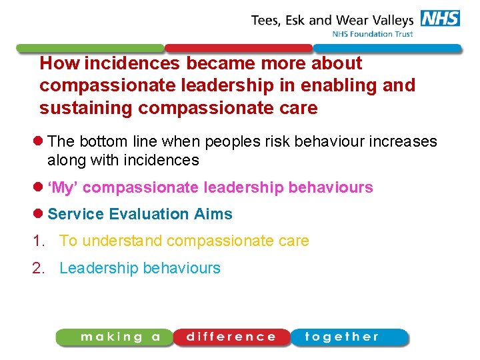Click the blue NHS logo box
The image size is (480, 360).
[x=440, y=18]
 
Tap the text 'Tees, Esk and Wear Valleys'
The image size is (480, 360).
[x=333, y=20]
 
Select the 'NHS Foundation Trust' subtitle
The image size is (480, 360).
[x=372, y=34]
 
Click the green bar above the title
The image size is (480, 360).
[x=90, y=49]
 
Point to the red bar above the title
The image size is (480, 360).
[x=239, y=49]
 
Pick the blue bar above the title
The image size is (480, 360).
[x=387, y=49]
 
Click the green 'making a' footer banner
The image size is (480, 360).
[x=115, y=337]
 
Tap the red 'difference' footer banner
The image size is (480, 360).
[x=231, y=337]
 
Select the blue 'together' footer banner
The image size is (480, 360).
[x=348, y=337]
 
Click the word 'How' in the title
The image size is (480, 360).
[x=56, y=64]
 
